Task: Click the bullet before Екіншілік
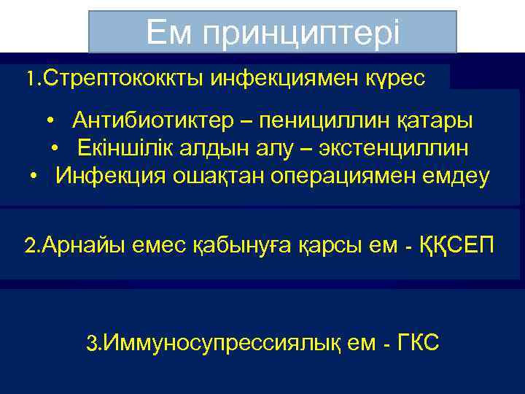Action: click(55, 149)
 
